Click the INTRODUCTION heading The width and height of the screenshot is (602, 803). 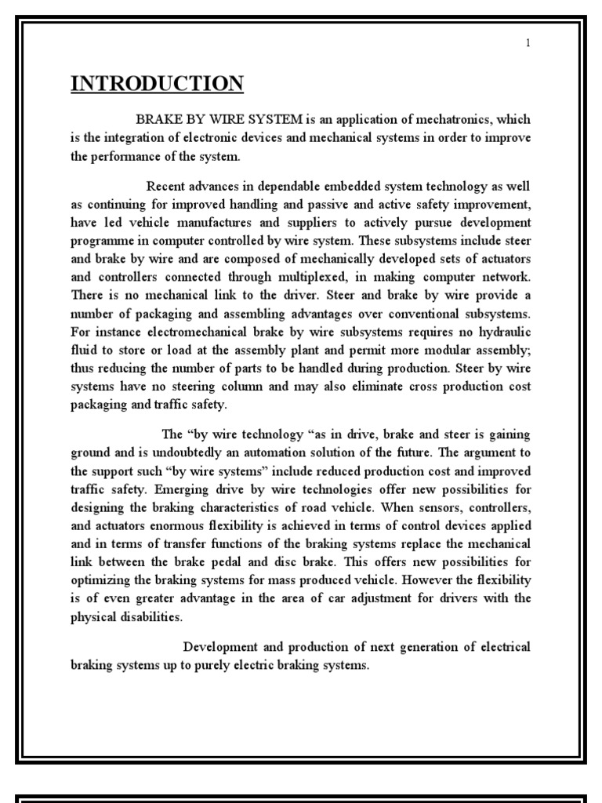pyautogui.click(x=157, y=83)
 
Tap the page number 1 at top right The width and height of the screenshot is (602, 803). pyautogui.click(x=528, y=43)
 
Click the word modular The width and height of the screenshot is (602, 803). pyautogui.click(x=444, y=349)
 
